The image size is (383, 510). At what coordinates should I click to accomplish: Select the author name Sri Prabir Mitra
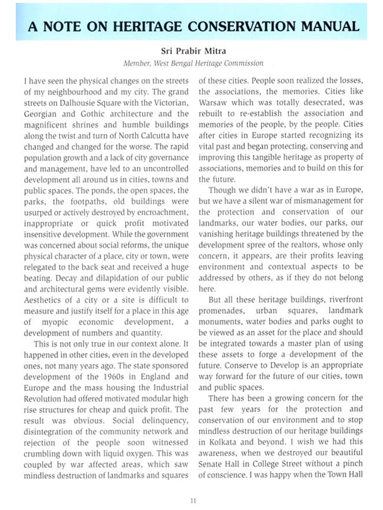193,51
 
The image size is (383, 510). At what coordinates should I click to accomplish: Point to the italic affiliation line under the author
193,63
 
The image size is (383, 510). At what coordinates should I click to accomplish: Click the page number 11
193,501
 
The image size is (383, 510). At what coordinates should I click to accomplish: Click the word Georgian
40,114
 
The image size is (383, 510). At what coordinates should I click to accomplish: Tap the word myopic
55,322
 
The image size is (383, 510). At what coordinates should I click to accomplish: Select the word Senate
211,464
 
